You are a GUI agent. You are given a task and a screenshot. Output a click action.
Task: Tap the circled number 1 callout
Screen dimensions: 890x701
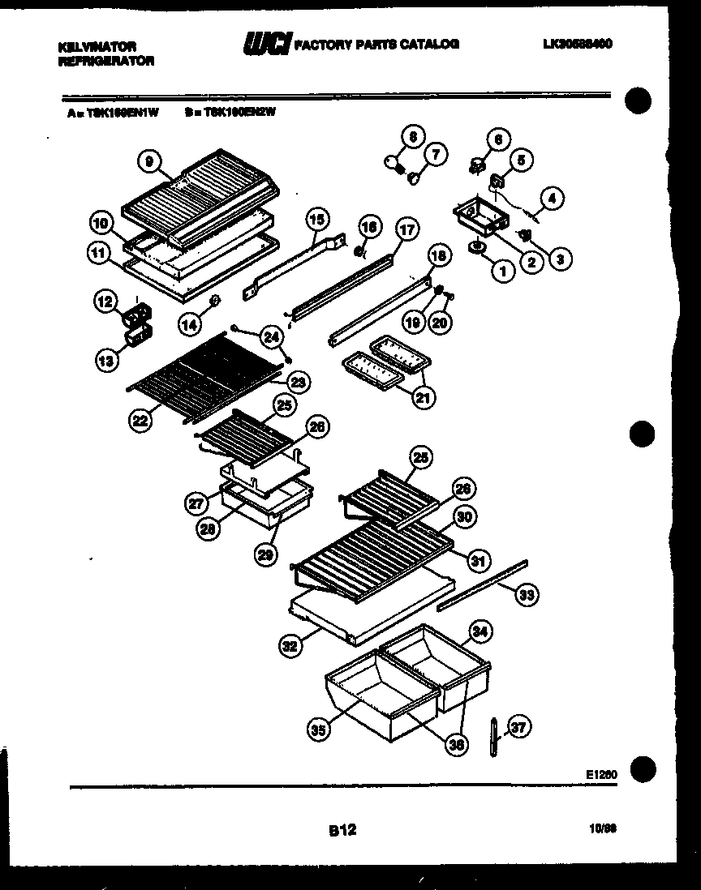(x=502, y=272)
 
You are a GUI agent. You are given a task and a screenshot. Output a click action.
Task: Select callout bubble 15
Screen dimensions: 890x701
(x=316, y=218)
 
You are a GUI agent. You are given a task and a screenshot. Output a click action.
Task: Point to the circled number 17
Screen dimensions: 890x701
(x=406, y=230)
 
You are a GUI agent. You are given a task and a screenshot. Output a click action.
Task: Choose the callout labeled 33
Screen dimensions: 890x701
(x=527, y=596)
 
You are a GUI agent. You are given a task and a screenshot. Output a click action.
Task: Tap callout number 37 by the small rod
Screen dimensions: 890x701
(x=518, y=728)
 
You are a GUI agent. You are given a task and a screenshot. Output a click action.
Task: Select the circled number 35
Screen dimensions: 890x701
(x=319, y=730)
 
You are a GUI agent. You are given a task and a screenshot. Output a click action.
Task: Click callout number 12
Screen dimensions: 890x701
(x=105, y=303)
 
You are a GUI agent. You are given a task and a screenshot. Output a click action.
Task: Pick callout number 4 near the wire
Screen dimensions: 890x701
(x=553, y=196)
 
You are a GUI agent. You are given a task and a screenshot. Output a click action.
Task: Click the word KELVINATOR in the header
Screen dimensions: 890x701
(x=97, y=47)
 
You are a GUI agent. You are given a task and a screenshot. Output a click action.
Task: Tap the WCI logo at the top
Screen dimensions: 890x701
(x=266, y=45)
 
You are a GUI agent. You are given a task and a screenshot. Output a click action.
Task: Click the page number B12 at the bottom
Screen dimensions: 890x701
(x=342, y=829)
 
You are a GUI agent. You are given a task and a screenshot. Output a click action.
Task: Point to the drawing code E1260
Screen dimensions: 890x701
(x=601, y=774)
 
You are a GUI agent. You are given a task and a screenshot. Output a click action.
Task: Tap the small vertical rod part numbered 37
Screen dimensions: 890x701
(x=492, y=738)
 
